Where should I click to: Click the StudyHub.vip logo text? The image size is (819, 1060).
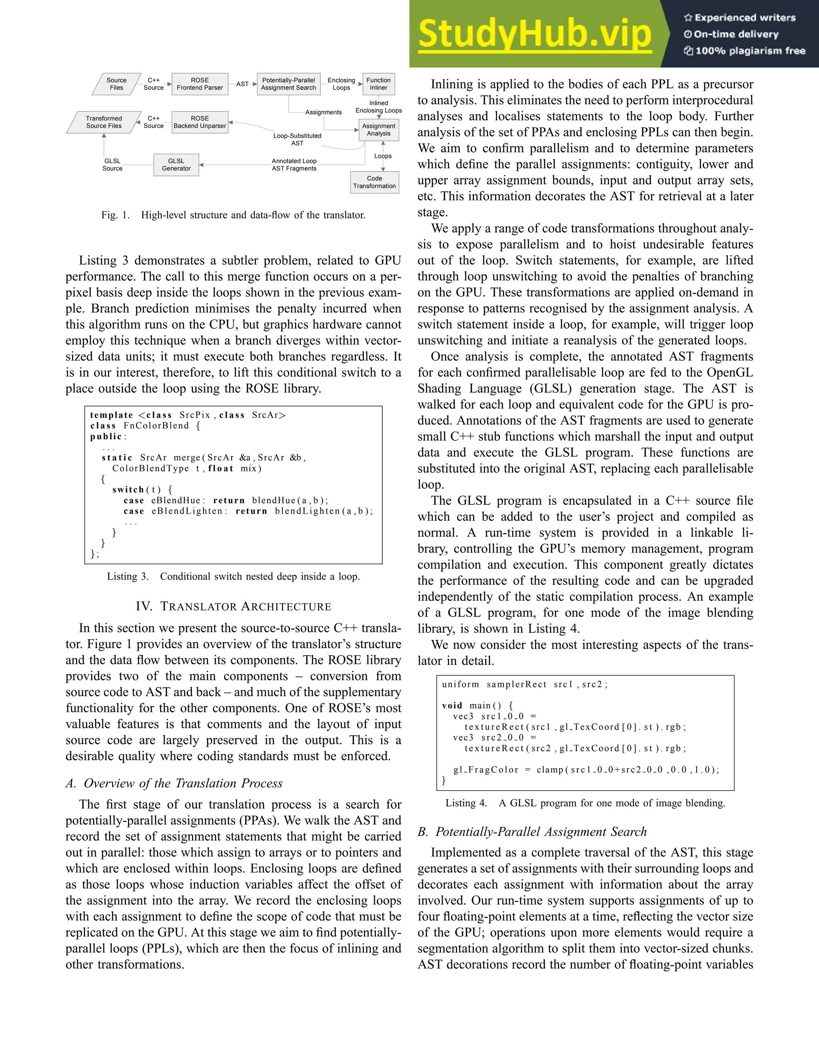[534, 34]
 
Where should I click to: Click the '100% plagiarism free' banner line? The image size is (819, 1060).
[744, 50]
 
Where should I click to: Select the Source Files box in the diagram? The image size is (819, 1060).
[116, 84]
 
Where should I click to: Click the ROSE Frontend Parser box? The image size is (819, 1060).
[200, 84]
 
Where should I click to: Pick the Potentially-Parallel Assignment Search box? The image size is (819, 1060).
[288, 84]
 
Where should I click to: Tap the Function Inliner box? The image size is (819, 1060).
[378, 84]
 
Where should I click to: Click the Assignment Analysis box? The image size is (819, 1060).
[378, 130]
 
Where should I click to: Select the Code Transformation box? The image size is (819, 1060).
[374, 182]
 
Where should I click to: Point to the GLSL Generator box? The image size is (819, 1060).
[176, 164]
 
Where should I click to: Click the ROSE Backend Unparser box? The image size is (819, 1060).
[200, 122]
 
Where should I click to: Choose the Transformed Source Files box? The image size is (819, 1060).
[104, 122]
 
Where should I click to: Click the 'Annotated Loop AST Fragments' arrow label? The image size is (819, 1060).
[294, 164]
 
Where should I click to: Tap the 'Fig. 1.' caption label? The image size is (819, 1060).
[116, 215]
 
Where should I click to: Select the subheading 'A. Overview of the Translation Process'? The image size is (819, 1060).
[174, 783]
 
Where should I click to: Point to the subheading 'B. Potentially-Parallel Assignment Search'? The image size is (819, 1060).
[532, 832]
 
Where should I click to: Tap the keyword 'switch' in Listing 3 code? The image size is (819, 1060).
[128, 490]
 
